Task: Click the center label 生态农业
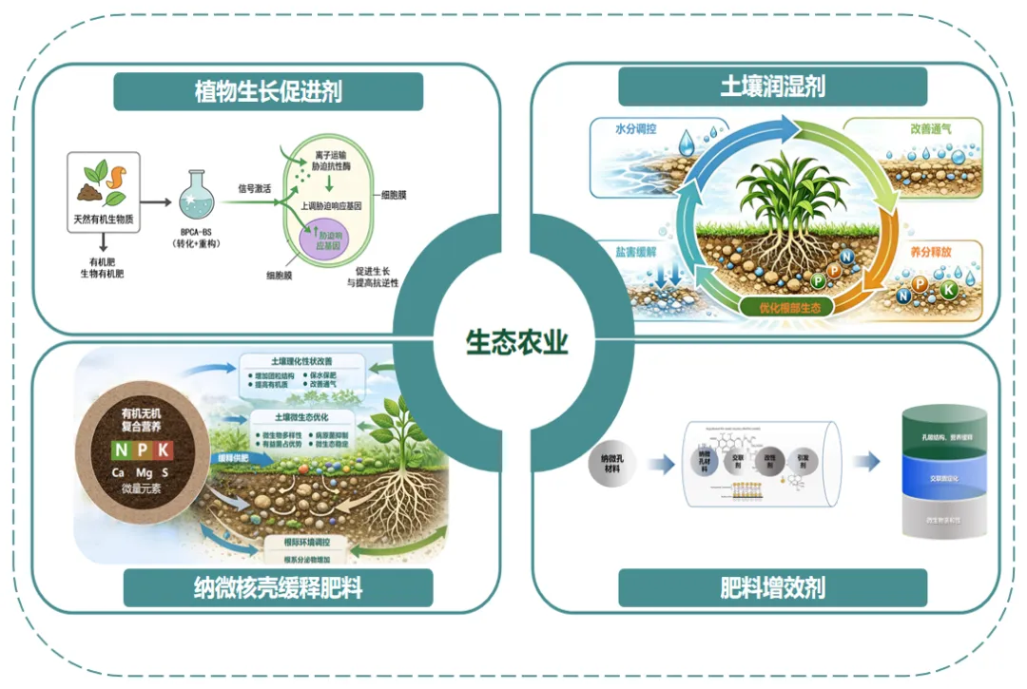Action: pos(516,342)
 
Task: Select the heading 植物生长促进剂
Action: pos(267,91)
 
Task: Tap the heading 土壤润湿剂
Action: pos(771,87)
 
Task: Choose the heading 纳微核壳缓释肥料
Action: pos(279,588)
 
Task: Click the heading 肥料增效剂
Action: pos(771,588)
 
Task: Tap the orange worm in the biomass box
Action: pos(122,176)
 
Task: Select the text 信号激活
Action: pos(254,188)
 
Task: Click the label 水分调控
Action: pos(636,128)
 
